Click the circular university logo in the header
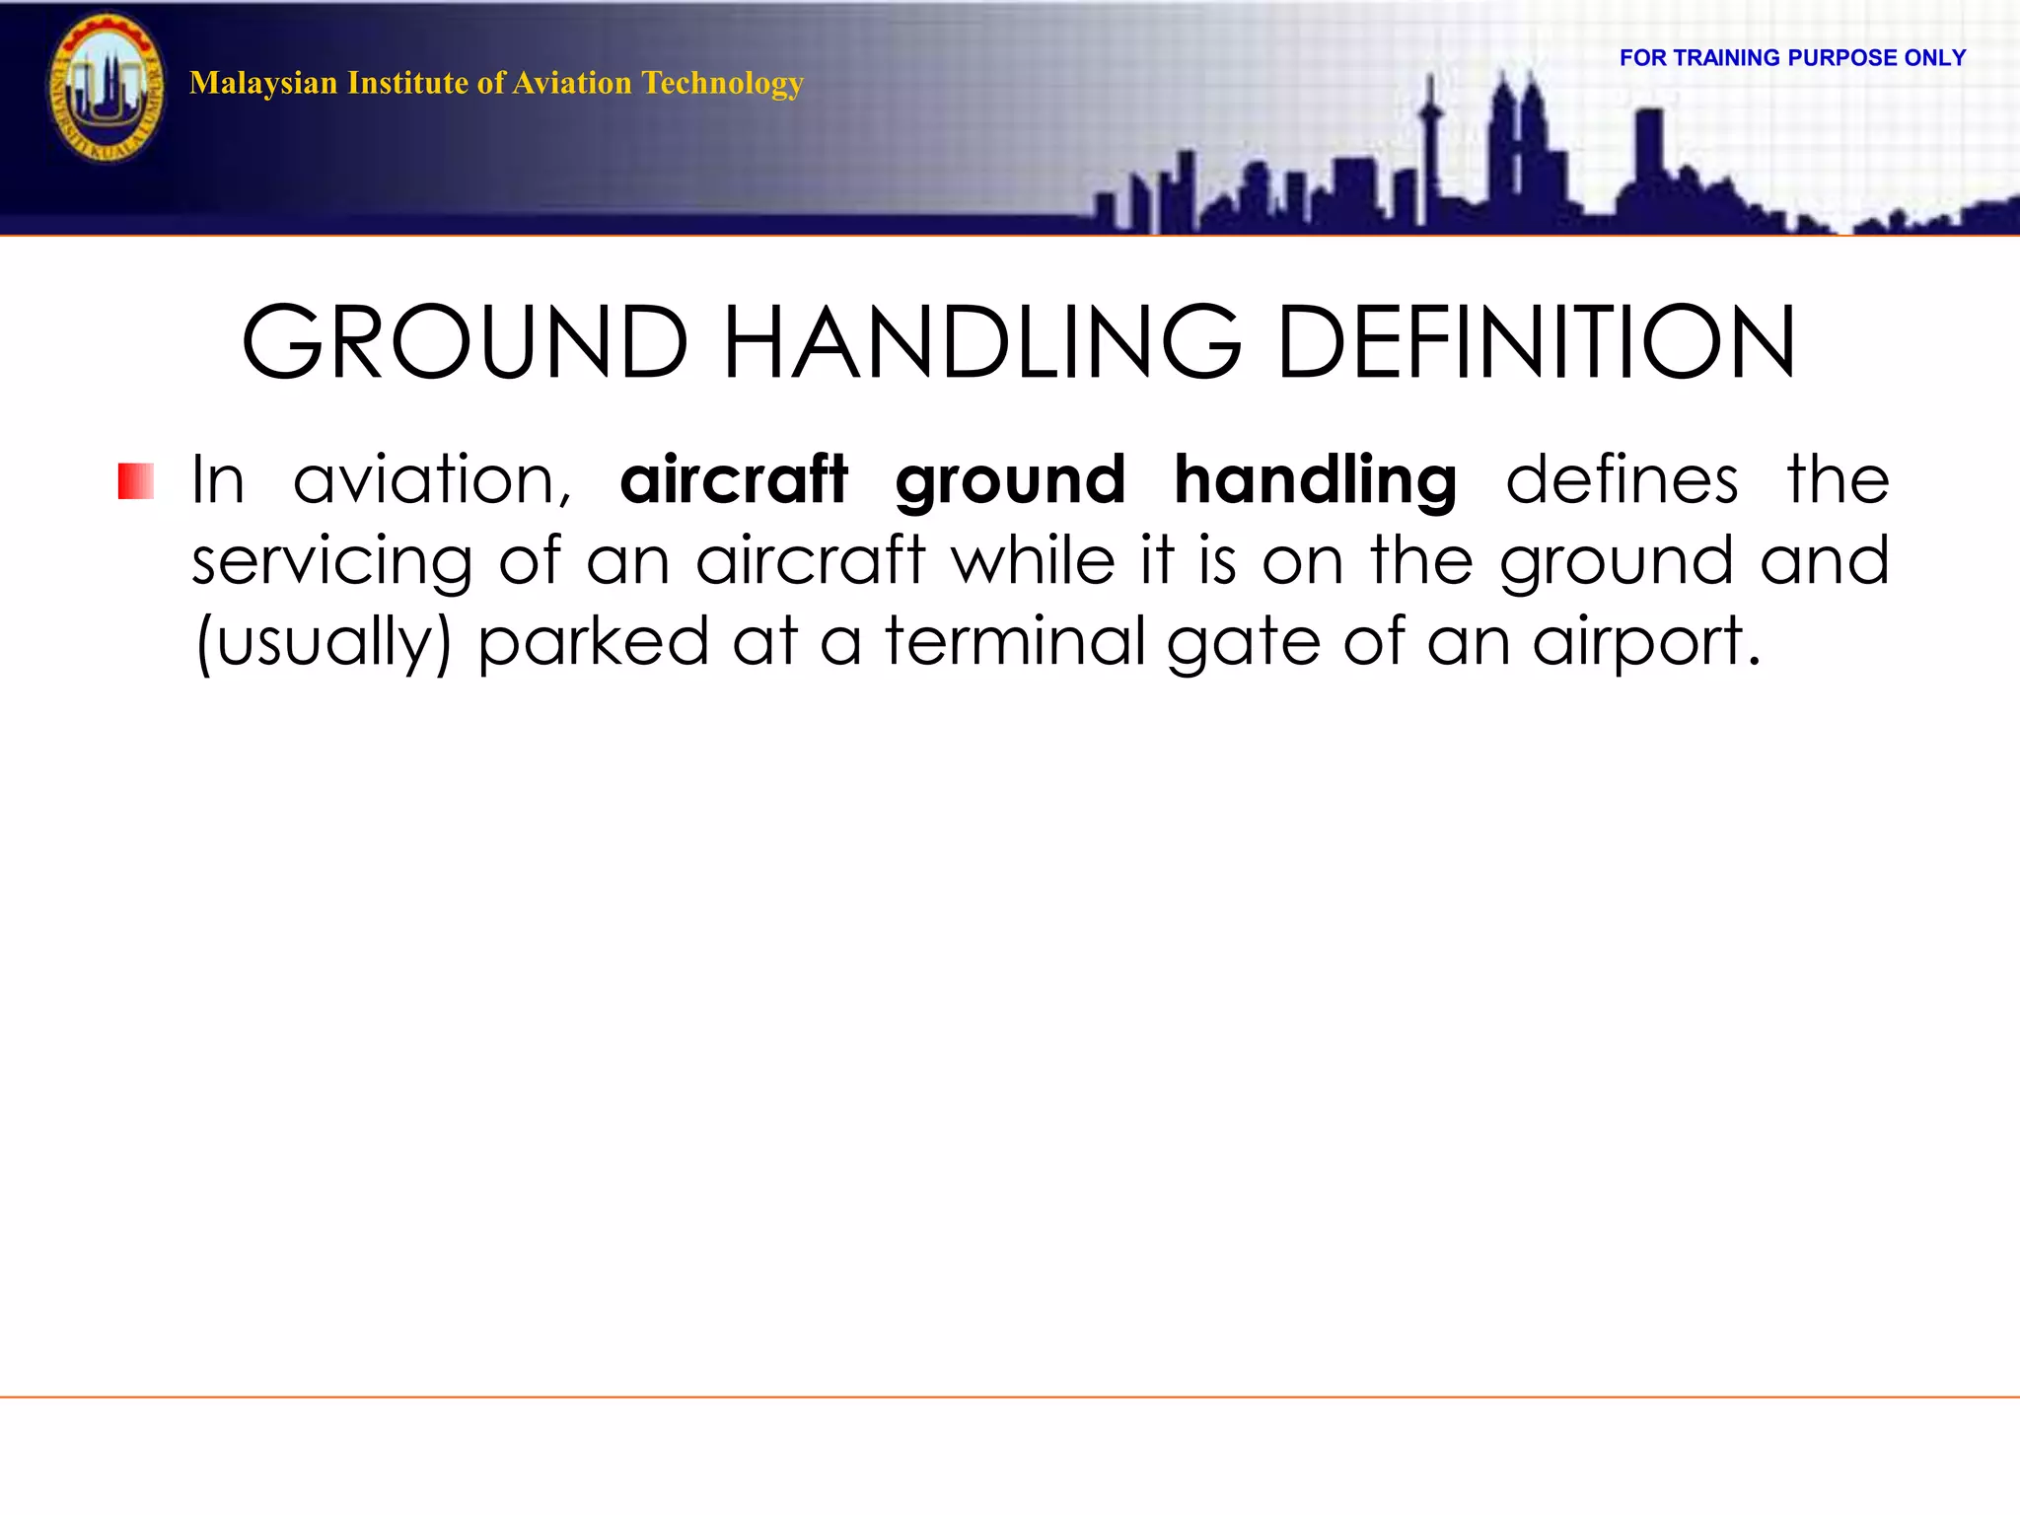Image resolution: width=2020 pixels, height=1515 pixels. click(107, 90)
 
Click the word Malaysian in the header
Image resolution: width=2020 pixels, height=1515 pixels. click(262, 83)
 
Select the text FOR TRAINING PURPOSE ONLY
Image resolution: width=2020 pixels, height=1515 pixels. click(1792, 58)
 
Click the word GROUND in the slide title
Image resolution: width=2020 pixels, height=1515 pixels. click(465, 342)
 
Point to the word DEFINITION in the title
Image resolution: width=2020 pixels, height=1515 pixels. click(1536, 342)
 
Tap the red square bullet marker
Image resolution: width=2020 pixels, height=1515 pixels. click(136, 481)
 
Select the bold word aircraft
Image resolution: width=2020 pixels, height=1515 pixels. click(734, 480)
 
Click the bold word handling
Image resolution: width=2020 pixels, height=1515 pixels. click(1315, 480)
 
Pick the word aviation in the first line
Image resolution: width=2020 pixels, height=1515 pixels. click(432, 480)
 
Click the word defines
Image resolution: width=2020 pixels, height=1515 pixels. click(1621, 480)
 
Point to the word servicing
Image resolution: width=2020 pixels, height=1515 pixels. click(331, 561)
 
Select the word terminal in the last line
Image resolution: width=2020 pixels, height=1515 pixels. click(1015, 641)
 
